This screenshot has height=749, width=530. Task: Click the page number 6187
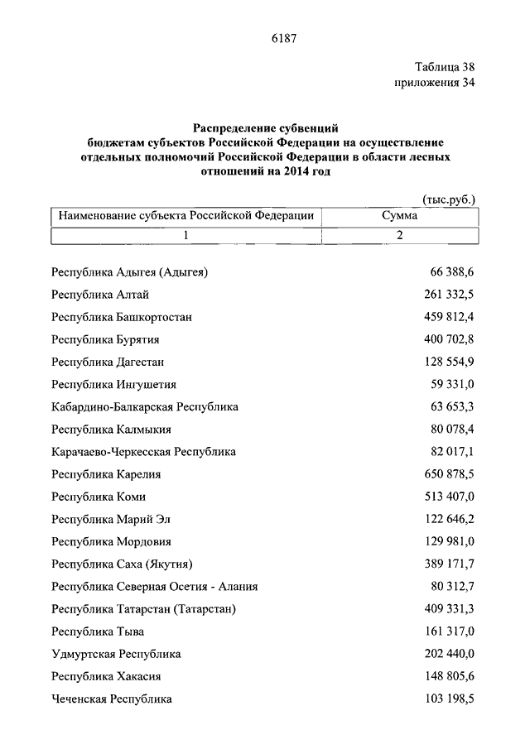coord(283,38)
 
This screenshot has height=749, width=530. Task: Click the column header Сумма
coord(399,216)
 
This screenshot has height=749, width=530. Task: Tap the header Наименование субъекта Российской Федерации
coord(186,216)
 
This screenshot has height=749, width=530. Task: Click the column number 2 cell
coord(399,236)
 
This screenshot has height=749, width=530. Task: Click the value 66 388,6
coord(451,272)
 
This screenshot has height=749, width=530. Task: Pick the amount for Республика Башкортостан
coord(448,317)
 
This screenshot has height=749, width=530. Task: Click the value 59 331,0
coord(451,384)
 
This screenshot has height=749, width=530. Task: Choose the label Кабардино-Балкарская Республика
coord(145,407)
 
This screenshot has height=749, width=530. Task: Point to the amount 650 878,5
coord(448,474)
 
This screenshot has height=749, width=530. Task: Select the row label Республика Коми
coord(99,497)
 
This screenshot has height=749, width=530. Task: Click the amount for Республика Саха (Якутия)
coord(448,564)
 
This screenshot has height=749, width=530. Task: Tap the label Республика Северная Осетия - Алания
coord(154,587)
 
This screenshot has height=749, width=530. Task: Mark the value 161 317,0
coord(448,631)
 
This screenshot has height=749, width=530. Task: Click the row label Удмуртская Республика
coord(116,654)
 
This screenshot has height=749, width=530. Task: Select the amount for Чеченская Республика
coord(448,699)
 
